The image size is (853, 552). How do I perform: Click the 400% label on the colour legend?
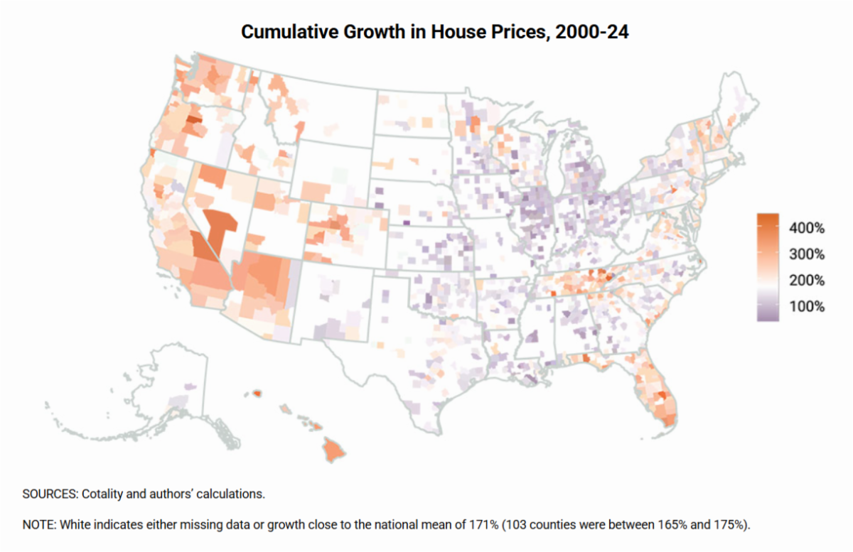(x=806, y=229)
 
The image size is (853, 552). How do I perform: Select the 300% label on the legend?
(x=806, y=254)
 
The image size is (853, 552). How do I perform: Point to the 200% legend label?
(x=806, y=281)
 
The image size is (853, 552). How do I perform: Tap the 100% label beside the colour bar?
(x=806, y=307)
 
